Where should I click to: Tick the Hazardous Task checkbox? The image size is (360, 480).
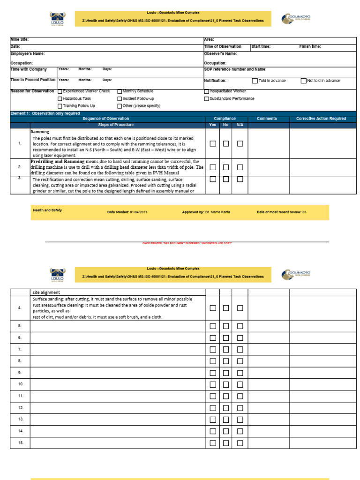point(60,99)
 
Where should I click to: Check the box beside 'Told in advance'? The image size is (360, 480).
point(255,81)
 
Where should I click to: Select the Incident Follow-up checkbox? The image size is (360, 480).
point(120,99)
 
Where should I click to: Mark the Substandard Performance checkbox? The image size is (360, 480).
point(207,99)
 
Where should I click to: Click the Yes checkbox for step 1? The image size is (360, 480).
point(213,143)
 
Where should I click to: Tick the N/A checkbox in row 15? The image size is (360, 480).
point(240,443)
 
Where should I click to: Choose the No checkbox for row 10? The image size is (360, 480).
point(226,384)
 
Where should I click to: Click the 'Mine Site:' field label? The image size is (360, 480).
point(20,40)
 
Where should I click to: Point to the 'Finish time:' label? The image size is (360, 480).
point(311,46)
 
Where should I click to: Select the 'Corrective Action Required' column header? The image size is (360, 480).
point(321,119)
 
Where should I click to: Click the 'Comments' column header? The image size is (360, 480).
point(267,119)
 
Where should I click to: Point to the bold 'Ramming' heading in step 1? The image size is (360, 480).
point(40,132)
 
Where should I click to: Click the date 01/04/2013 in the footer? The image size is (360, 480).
point(139,212)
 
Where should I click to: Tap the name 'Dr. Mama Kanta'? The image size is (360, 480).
point(217,212)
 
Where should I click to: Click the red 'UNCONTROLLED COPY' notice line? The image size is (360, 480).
point(187,243)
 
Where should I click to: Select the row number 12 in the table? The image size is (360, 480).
point(20,408)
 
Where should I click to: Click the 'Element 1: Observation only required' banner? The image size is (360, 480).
point(45,113)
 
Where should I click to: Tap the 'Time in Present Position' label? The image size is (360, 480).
point(33,80)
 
